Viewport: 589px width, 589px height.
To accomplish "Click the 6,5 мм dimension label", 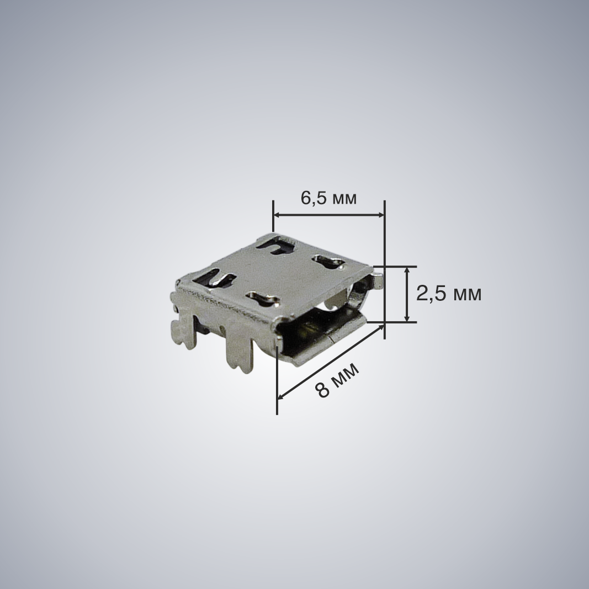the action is (x=328, y=198).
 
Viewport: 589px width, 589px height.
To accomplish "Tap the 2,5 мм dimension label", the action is (x=448, y=294).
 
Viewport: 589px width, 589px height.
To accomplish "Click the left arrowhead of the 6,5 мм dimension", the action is (x=277, y=215).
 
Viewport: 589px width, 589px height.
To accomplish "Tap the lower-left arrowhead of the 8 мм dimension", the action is (x=280, y=395).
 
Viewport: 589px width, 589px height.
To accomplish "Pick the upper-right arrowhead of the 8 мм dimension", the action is (x=381, y=327).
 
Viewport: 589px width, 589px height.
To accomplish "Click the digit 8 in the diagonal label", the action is (x=322, y=390).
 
